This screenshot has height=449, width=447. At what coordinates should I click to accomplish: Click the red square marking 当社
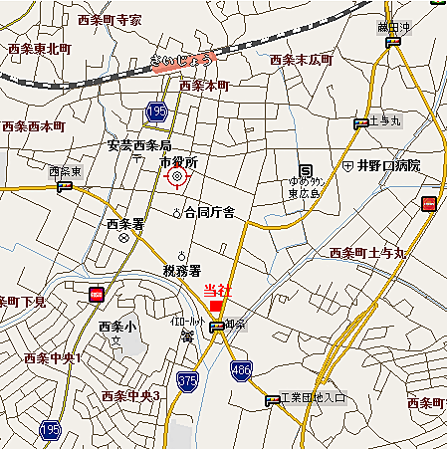pyautogui.click(x=217, y=305)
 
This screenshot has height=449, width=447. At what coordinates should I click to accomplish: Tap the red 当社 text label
pyautogui.click(x=216, y=290)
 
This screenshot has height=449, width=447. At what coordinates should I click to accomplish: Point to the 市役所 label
pyautogui.click(x=180, y=161)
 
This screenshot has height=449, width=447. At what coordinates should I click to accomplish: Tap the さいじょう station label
pyautogui.click(x=182, y=62)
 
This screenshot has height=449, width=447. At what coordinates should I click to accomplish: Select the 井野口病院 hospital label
pyautogui.click(x=388, y=164)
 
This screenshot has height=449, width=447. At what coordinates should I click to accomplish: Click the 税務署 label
pyautogui.click(x=182, y=271)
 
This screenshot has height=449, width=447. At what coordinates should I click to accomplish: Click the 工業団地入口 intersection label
pyautogui.click(x=313, y=399)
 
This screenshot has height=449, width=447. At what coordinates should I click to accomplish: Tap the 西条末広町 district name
pyautogui.click(x=301, y=60)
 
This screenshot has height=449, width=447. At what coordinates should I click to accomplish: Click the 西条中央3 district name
pyautogui.click(x=130, y=396)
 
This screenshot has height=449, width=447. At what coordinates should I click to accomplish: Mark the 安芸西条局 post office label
pyautogui.click(x=140, y=145)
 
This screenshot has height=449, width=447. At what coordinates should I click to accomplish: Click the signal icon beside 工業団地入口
pyautogui.click(x=273, y=400)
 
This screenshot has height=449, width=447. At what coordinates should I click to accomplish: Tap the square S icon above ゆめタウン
pyautogui.click(x=307, y=169)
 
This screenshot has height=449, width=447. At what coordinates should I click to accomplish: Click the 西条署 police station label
pyautogui.click(x=125, y=224)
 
